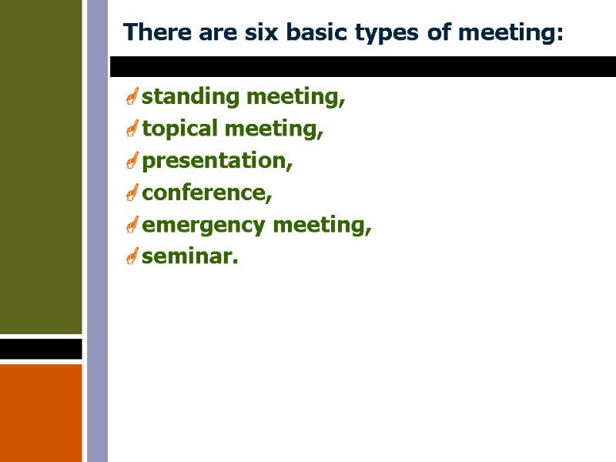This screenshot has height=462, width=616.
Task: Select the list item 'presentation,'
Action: [218, 162]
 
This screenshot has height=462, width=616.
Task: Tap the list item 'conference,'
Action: [207, 193]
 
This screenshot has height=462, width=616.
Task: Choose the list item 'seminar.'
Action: [190, 257]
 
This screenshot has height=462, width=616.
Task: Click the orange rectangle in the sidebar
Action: [41, 412]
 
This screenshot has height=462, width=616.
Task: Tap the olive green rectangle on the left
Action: [41, 166]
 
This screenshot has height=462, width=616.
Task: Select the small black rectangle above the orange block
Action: [41, 349]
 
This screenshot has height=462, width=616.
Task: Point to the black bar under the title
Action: [362, 66]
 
